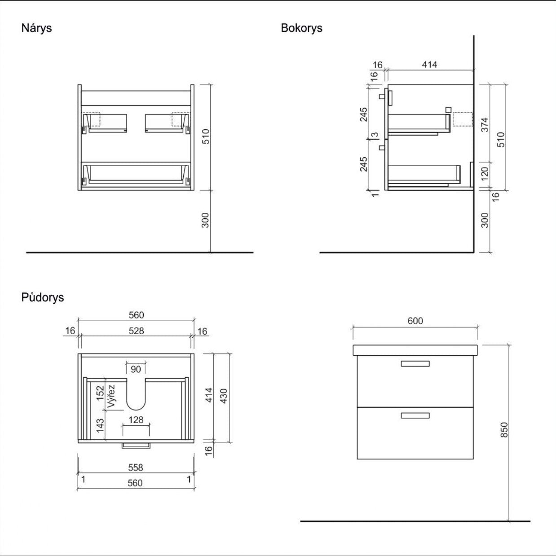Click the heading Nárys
click(x=36, y=28)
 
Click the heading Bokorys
click(x=301, y=28)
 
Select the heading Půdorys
click(x=42, y=297)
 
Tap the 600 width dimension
click(x=415, y=321)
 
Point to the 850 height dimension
click(x=504, y=430)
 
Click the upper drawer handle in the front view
click(x=415, y=364)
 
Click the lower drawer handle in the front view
click(x=415, y=415)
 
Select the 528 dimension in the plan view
click(x=136, y=331)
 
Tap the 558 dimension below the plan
click(x=135, y=468)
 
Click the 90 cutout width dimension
click(x=136, y=369)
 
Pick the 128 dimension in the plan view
click(x=136, y=420)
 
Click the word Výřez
click(x=111, y=396)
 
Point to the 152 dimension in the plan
click(x=100, y=393)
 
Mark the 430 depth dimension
click(x=224, y=395)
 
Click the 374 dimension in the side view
click(x=485, y=124)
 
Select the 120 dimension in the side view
click(x=485, y=173)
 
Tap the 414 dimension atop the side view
click(x=429, y=65)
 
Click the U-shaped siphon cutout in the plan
click(x=136, y=395)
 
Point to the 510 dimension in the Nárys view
click(x=205, y=137)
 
